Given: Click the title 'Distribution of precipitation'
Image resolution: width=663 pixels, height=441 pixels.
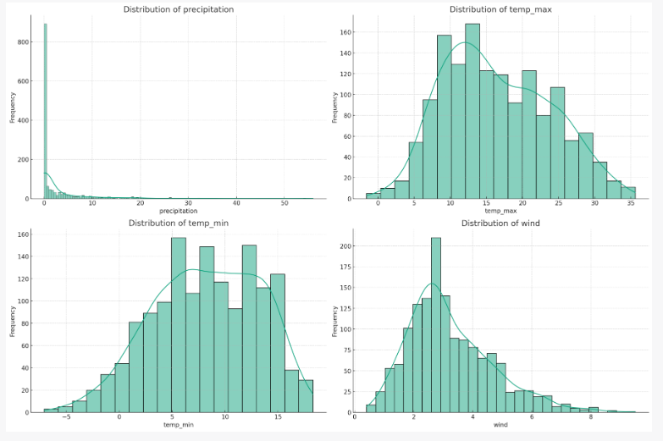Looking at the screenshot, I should [x=179, y=9].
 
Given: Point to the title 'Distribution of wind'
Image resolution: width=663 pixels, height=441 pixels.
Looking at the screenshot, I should [x=500, y=223].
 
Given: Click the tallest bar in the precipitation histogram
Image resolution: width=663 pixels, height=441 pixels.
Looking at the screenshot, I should [x=46, y=110].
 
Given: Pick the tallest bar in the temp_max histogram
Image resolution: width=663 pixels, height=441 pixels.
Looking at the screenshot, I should [x=472, y=111].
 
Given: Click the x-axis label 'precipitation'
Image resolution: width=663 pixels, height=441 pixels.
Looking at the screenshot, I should [x=179, y=210].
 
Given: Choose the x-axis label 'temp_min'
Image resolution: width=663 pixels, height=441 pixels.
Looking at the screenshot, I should [x=179, y=423].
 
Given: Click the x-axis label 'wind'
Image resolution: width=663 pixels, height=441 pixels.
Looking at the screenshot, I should [x=500, y=423].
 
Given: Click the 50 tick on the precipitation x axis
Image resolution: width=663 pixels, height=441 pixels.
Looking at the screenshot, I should [x=285, y=203].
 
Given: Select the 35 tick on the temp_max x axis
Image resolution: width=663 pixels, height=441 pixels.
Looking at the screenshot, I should [x=630, y=203].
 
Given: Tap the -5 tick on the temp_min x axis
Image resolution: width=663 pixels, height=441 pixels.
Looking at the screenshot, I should [x=67, y=417].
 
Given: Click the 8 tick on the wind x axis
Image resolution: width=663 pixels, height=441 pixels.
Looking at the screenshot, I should [x=591, y=417].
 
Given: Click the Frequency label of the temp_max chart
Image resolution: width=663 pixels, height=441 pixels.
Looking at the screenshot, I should [x=334, y=105].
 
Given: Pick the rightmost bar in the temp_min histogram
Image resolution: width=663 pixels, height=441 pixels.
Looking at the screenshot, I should [x=306, y=396].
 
